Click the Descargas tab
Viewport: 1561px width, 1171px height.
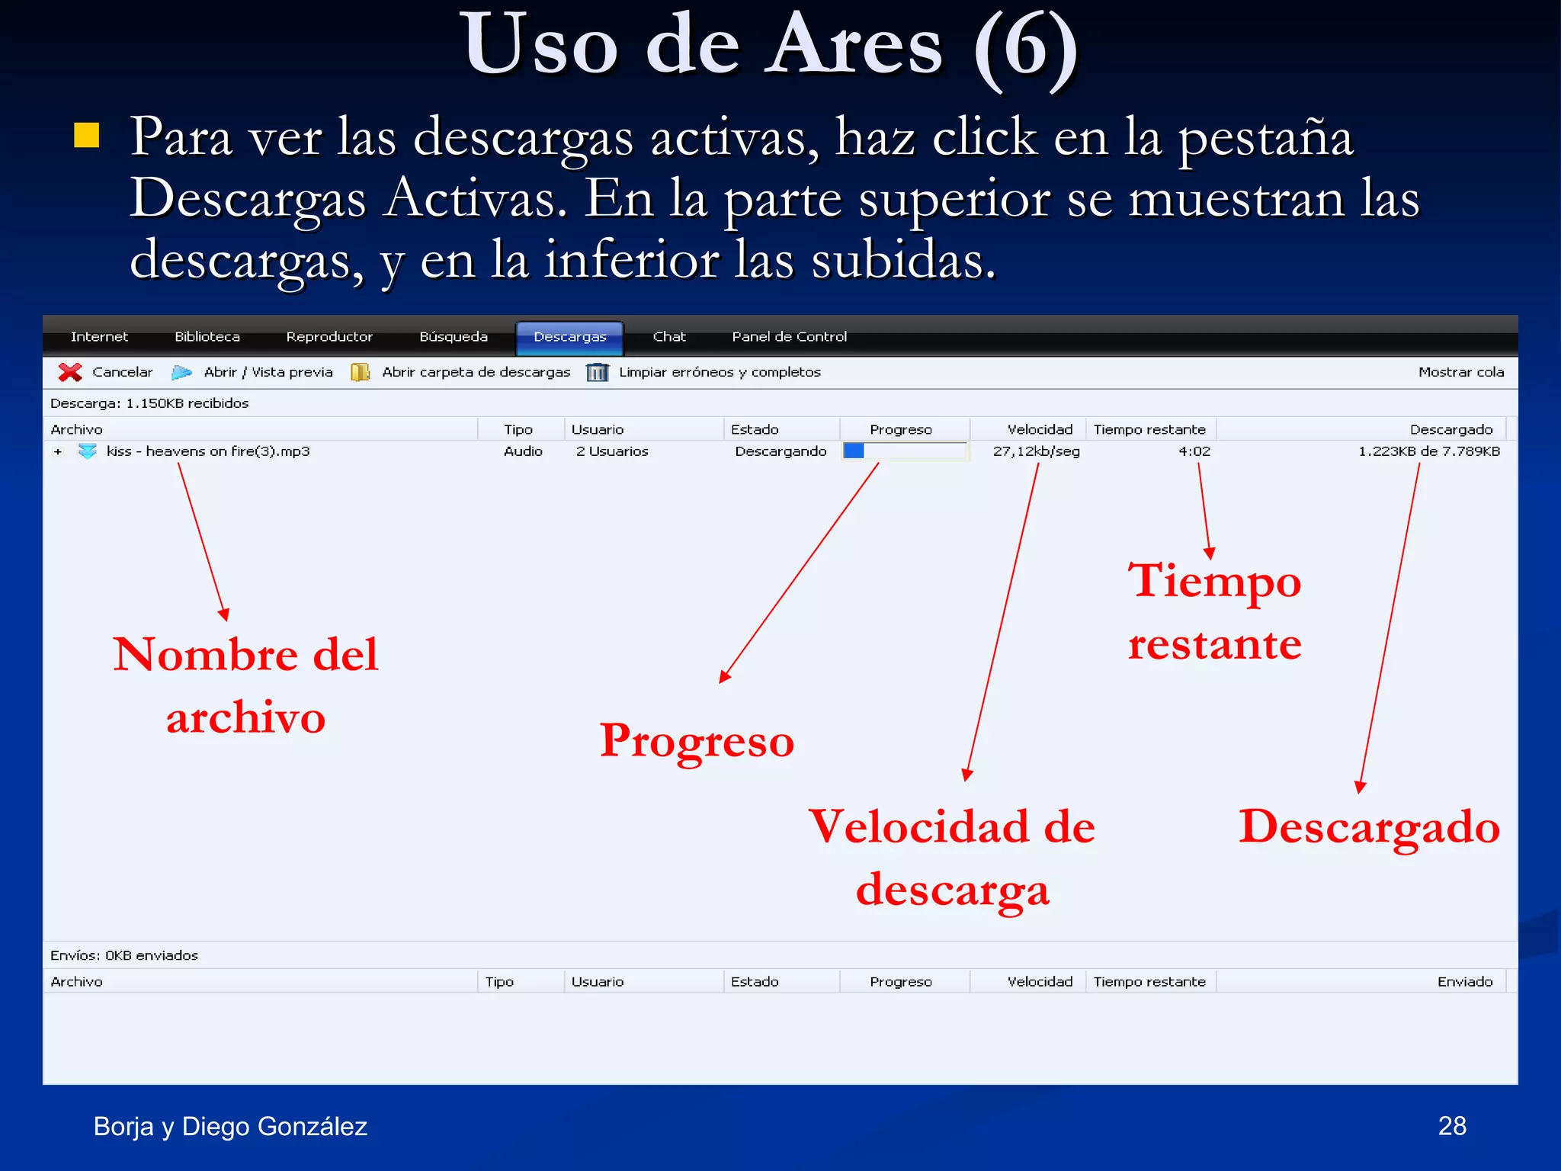(569, 337)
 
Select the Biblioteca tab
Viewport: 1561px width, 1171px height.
(207, 337)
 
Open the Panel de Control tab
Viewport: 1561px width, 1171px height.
(789, 337)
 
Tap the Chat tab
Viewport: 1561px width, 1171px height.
(668, 337)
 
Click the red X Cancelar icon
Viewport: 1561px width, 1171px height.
(70, 372)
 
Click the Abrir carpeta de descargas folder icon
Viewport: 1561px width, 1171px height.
(360, 372)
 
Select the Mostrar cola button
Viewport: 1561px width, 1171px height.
(1460, 372)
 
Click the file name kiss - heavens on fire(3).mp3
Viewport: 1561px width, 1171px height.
(208, 451)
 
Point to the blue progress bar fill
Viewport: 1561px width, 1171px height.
(854, 451)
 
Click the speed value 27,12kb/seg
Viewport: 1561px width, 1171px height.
(1036, 451)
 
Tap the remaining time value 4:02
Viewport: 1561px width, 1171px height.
(1194, 451)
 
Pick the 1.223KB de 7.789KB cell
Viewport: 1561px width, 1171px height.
(1428, 451)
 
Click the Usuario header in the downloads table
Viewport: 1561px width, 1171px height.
(598, 430)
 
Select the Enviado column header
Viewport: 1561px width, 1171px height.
(1464, 982)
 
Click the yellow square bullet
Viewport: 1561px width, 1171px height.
(87, 135)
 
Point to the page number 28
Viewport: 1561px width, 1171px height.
(1451, 1126)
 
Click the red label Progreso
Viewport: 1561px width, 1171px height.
(697, 741)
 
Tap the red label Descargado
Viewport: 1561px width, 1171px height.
(1369, 828)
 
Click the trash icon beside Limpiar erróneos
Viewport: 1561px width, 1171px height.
(597, 372)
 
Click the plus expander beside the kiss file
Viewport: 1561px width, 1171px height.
(58, 452)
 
